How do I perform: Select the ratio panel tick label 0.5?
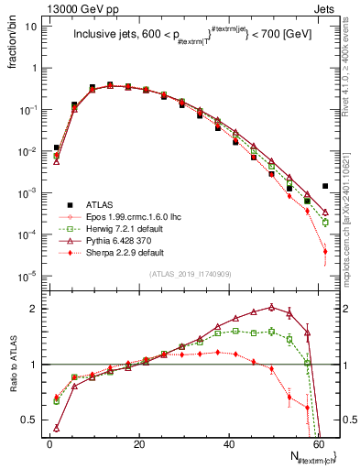31,420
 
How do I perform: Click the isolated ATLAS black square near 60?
325,186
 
